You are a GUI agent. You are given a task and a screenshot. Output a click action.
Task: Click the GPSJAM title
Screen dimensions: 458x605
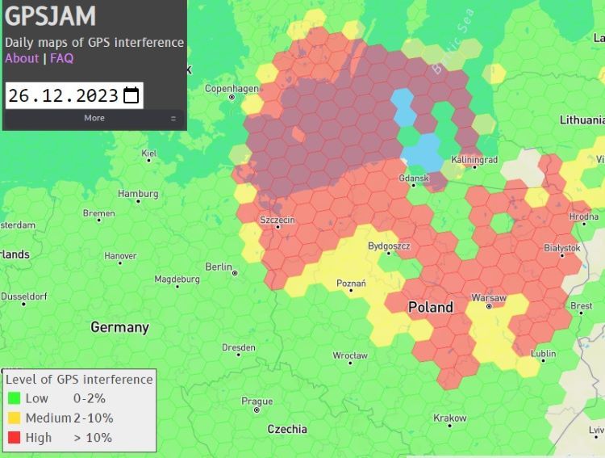51,16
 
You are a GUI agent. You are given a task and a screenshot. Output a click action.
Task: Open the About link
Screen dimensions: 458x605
22,58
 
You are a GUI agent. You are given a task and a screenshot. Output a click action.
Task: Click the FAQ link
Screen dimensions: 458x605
61,58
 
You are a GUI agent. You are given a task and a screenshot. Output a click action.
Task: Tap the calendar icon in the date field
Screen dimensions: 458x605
131,95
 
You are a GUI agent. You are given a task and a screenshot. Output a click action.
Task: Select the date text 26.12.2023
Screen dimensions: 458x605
64,95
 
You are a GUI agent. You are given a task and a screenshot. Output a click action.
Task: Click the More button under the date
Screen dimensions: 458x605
94,118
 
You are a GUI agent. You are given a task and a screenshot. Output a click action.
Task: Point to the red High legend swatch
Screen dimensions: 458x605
13,438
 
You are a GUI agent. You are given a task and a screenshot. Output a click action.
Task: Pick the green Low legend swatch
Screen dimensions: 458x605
13,398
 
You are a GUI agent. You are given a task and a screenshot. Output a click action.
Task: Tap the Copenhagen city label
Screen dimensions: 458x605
232,88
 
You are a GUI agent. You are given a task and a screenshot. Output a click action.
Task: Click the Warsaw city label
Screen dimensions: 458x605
488,298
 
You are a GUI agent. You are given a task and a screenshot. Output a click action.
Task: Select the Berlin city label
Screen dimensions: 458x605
219,267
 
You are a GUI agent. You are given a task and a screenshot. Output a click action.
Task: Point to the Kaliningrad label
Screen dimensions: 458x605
474,159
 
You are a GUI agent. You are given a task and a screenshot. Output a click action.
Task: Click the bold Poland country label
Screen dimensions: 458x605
430,308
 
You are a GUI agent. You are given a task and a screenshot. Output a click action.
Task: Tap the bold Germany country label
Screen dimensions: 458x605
119,327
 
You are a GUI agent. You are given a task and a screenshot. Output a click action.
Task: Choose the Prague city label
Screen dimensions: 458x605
257,401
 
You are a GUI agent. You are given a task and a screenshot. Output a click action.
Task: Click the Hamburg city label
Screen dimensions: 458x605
138,194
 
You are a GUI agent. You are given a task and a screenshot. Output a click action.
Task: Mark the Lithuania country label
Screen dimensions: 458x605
582,120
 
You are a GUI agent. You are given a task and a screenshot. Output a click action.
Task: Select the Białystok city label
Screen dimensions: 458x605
562,248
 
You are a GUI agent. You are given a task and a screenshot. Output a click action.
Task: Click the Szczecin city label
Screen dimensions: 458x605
277,220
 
